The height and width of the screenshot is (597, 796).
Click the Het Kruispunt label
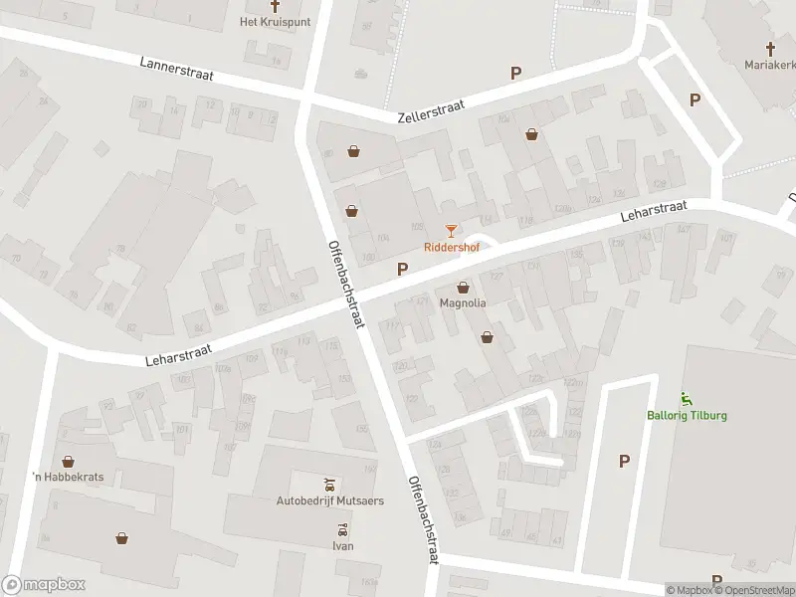click(x=276, y=21)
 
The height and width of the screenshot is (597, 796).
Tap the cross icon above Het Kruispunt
click(x=276, y=5)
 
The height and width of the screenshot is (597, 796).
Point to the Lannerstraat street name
click(x=177, y=71)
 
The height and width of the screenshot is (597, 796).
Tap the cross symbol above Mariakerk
click(x=770, y=47)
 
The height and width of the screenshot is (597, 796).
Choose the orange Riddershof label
click(x=450, y=247)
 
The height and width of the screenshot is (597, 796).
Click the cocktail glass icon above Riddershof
click(x=451, y=231)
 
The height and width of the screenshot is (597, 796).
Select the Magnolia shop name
click(x=463, y=303)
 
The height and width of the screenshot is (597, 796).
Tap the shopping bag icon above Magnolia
click(x=463, y=288)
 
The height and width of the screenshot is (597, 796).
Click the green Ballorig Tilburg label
click(x=687, y=415)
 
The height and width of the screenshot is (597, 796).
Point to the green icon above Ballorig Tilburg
click(x=687, y=398)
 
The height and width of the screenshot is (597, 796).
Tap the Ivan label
click(x=342, y=546)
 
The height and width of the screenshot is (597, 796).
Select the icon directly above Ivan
click(x=342, y=529)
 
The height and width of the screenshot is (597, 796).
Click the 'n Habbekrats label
click(x=69, y=477)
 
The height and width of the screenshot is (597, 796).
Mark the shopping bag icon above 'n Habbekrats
click(x=68, y=461)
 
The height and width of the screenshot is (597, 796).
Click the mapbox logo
click(x=44, y=585)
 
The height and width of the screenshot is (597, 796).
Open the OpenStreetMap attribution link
click(x=755, y=590)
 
